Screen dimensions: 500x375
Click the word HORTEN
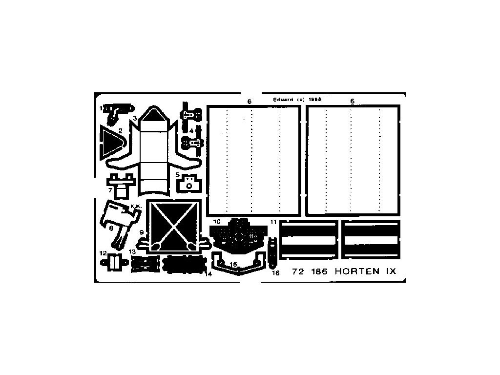[357, 272]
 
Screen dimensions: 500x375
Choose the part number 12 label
[103, 253]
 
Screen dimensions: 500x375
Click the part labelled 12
[116, 263]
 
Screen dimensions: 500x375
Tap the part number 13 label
[133, 251]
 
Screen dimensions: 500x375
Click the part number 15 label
[233, 264]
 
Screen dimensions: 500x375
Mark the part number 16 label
[276, 273]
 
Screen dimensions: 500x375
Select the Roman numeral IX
[390, 272]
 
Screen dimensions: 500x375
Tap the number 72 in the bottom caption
[297, 272]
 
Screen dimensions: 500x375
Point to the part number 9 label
[142, 232]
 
